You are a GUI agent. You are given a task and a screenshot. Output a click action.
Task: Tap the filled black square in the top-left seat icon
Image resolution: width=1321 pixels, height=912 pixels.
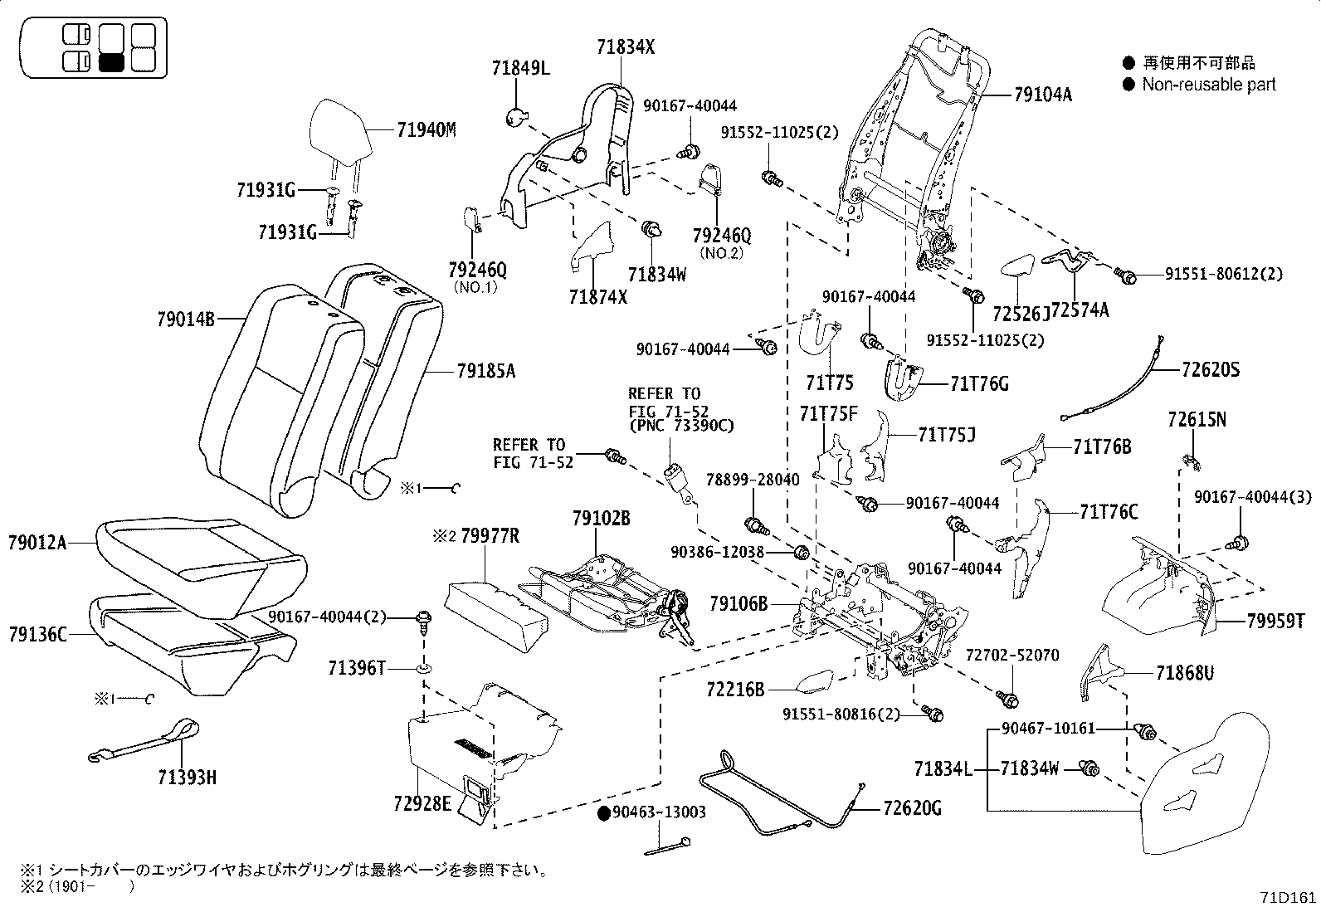(111, 62)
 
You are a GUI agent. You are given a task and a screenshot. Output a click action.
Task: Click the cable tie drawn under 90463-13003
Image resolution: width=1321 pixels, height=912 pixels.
(667, 848)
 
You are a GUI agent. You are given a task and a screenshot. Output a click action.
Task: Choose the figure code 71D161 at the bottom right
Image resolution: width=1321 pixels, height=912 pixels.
(1289, 898)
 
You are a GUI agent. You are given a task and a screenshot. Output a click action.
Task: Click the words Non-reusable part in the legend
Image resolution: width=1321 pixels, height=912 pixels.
(1208, 85)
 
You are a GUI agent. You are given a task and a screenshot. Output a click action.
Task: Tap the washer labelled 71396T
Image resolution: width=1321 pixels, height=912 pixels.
(423, 668)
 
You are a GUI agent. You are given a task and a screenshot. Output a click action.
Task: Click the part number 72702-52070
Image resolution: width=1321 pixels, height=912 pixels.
(1011, 656)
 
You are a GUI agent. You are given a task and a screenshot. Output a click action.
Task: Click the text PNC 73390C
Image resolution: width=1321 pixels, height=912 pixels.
(680, 426)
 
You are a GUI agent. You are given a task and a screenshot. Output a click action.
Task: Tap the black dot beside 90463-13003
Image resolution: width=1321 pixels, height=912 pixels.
(604, 812)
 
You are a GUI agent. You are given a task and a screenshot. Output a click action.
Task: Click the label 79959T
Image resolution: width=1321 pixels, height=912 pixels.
(1275, 622)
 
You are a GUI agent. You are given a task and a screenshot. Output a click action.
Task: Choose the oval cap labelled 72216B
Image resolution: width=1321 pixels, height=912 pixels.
(815, 683)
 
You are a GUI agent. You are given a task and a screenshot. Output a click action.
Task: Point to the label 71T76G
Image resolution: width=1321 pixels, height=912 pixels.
(979, 383)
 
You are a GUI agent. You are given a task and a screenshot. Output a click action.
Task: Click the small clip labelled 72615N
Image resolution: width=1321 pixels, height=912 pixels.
(1188, 459)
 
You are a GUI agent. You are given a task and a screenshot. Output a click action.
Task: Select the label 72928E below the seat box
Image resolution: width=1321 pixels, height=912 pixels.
(423, 803)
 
